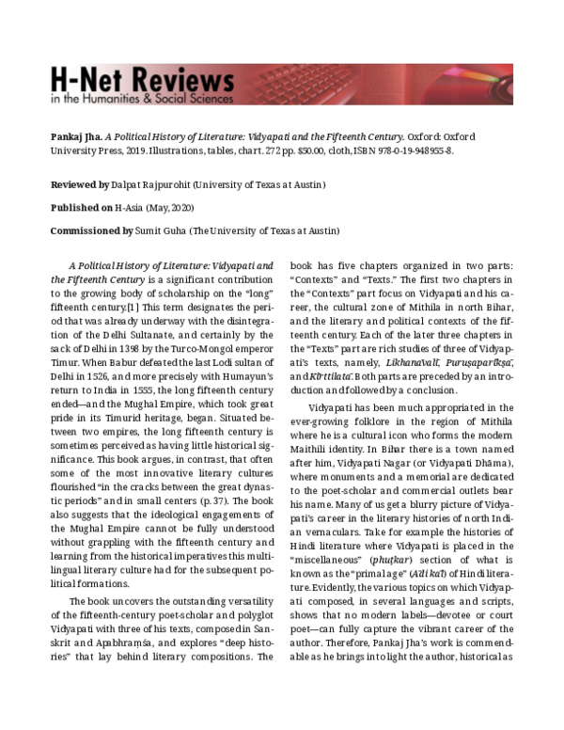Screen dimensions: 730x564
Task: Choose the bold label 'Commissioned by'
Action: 92,230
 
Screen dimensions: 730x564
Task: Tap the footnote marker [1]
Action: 121,308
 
